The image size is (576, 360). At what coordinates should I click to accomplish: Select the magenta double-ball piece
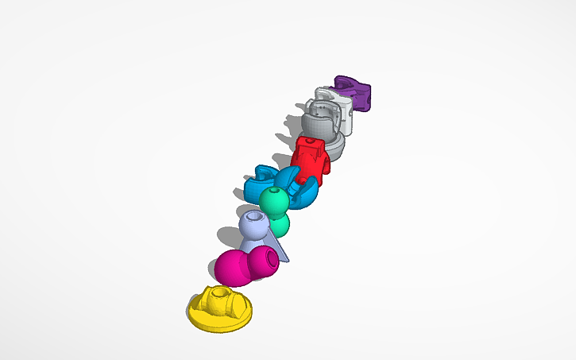[246, 265]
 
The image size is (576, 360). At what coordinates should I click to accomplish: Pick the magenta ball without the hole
[232, 267]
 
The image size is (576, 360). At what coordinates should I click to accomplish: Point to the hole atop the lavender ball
[255, 216]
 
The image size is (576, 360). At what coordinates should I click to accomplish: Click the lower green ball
[279, 225]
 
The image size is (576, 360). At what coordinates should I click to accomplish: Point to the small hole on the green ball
[276, 191]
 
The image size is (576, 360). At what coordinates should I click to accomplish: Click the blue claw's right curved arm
[307, 192]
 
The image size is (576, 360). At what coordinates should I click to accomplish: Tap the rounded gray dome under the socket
[334, 146]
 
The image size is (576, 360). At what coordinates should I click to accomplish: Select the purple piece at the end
[356, 93]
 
